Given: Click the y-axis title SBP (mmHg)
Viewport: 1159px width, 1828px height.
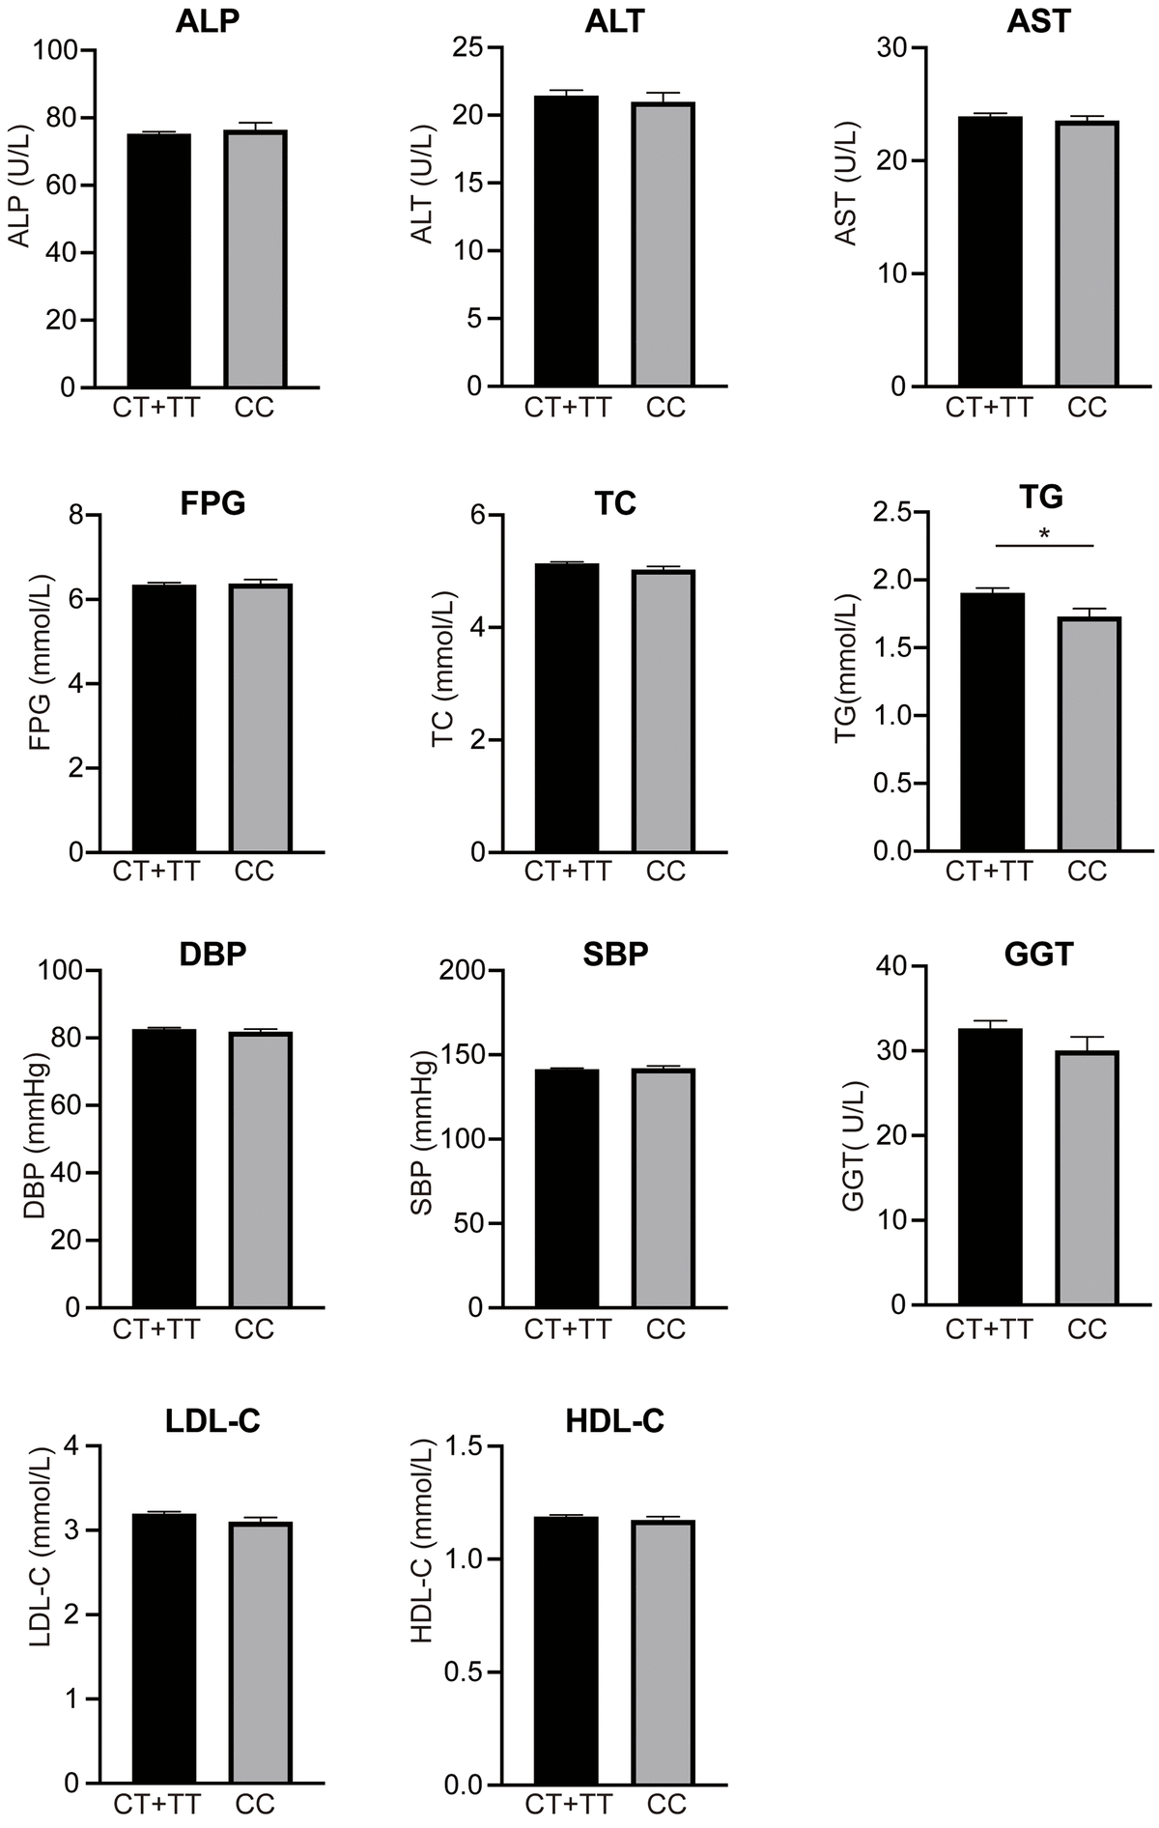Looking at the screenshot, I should (x=422, y=1140).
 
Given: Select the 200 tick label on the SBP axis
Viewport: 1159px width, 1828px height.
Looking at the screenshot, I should (x=462, y=971).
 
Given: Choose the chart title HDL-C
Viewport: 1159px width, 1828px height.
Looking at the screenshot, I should (x=616, y=1421).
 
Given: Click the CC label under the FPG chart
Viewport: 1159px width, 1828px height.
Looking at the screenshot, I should (x=255, y=871).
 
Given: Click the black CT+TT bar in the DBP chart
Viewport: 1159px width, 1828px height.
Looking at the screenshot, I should (x=163, y=1169).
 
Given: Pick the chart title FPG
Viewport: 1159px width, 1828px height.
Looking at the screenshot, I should (x=212, y=504).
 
